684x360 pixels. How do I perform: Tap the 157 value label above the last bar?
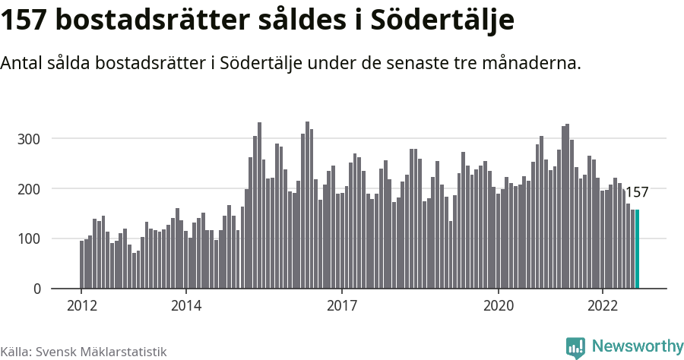click(x=636, y=193)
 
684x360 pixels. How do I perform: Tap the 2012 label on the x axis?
click(x=81, y=306)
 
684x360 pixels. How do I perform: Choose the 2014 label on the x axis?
click(x=185, y=306)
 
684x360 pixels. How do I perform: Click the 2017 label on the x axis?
click(x=342, y=306)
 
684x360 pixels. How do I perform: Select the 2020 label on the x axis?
click(x=499, y=306)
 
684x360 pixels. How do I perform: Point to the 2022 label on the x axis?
click(x=603, y=306)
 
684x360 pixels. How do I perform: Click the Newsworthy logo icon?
click(x=575, y=347)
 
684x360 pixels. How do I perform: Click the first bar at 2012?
click(x=81, y=264)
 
